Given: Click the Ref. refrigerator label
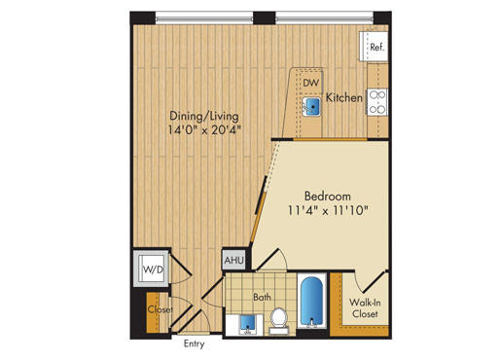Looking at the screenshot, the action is (377, 48).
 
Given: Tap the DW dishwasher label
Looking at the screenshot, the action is (311, 83).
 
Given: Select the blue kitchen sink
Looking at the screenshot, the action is (311, 106).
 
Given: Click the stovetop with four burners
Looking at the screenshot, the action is (377, 101).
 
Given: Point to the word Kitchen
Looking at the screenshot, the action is (343, 97).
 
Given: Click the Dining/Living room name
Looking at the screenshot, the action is (204, 116).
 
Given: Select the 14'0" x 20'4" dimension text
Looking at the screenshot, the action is (204, 130).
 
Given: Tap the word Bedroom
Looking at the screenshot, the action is (328, 197).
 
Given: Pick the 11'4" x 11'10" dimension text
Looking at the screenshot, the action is (328, 211).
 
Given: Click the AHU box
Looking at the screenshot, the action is (233, 260).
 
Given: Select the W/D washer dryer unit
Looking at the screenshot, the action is (152, 268).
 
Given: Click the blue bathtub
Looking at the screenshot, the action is (311, 301).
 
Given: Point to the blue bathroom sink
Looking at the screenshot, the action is (248, 324).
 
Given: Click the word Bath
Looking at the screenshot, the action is (262, 297).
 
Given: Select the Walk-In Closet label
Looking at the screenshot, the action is (365, 308).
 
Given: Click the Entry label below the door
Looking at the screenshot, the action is (194, 343).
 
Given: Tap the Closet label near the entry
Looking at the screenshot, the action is (161, 309).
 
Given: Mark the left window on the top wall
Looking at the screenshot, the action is (204, 18).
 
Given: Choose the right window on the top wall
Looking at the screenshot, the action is (324, 18).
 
